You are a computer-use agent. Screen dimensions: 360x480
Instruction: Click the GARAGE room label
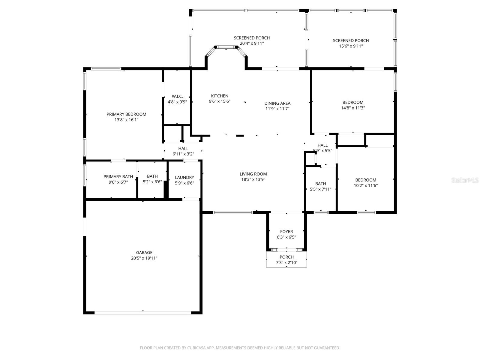tap(144, 253)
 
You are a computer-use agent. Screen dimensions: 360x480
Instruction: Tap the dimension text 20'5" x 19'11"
tap(144, 258)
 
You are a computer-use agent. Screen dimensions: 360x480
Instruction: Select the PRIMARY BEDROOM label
tap(126, 114)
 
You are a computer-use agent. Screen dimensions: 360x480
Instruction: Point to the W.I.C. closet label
tap(177, 96)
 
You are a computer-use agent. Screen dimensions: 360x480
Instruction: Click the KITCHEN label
tap(220, 96)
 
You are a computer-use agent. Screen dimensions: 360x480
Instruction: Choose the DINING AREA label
tap(277, 103)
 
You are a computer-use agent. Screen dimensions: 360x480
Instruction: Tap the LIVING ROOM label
tap(253, 174)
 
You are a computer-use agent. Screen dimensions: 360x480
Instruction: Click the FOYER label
tap(286, 232)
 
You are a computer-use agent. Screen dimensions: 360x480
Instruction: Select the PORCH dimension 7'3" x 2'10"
tap(286, 262)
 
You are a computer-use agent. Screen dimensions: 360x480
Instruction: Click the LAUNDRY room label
tap(184, 177)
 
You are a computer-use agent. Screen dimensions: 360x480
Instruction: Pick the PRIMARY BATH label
tap(118, 176)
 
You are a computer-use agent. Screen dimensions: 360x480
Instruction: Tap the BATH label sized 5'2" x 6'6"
tap(152, 176)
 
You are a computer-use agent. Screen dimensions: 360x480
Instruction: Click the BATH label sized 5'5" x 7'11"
tap(320, 184)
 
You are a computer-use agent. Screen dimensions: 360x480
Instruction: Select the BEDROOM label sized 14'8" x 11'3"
tap(353, 102)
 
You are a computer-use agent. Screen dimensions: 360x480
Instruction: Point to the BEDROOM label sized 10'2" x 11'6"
tap(365, 180)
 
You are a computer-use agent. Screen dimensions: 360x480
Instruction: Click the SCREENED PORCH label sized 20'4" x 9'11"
tap(252, 38)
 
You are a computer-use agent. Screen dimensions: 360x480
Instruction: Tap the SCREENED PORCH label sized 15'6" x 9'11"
tap(351, 40)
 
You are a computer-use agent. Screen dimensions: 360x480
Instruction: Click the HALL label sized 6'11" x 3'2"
tap(183, 148)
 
